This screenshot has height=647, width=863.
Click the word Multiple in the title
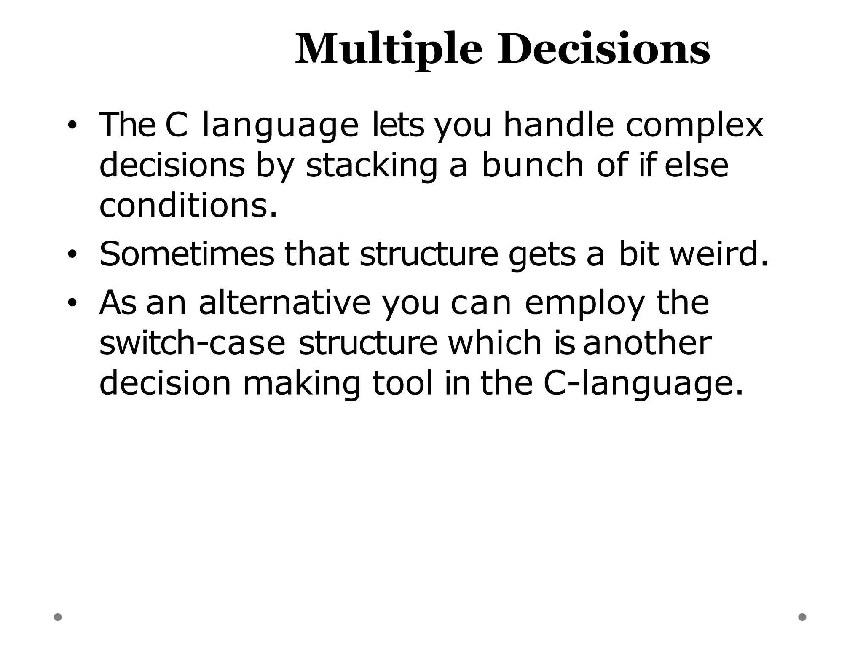tap(388, 50)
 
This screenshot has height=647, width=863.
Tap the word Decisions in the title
tap(603, 50)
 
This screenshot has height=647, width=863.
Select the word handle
tap(559, 125)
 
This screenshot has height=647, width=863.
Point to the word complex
tap(694, 126)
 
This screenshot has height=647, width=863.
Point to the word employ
tap(585, 303)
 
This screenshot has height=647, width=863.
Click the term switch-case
tap(192, 343)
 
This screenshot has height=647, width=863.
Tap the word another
tap(647, 343)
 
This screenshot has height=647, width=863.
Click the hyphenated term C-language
tap(643, 384)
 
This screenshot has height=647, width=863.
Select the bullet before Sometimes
tap(72, 254)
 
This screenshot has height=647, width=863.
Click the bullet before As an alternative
tap(72, 303)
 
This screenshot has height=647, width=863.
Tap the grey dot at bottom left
tap(58, 617)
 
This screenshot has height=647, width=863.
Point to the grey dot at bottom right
tap(802, 617)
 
